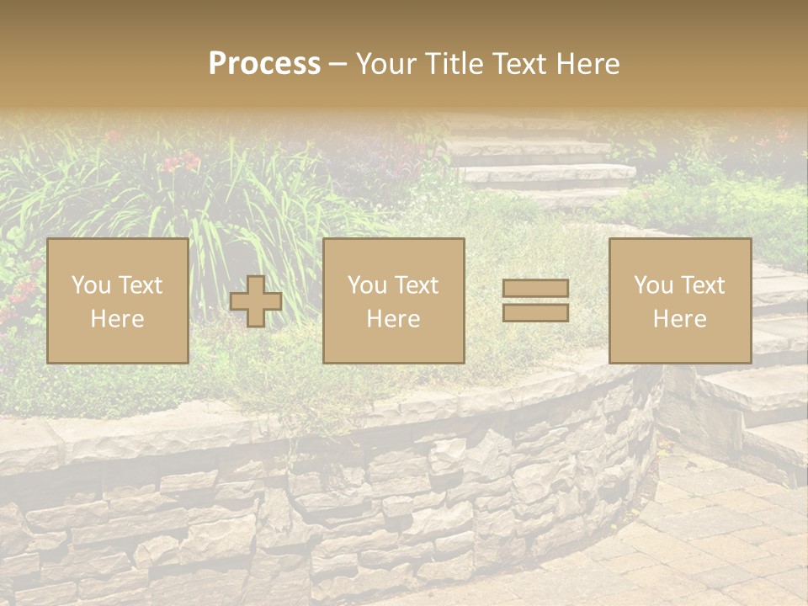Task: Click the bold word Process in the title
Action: [x=264, y=64]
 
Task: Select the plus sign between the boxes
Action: [x=256, y=301]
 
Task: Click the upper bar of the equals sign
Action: [x=535, y=289]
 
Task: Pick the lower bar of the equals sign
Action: [x=535, y=312]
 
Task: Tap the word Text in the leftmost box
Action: [x=140, y=285]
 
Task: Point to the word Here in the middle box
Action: [x=393, y=319]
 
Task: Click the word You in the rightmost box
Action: [x=653, y=285]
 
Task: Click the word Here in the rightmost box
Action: [x=679, y=319]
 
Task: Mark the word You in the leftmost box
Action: [x=91, y=285]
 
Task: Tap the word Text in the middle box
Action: [x=416, y=285]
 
